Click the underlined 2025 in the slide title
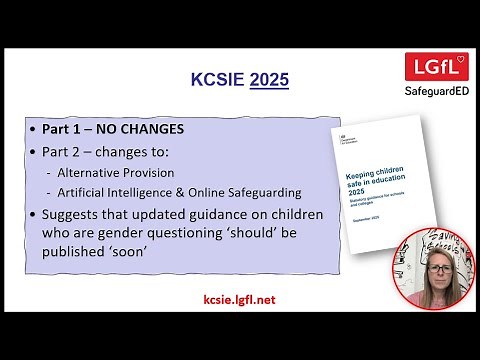click(268, 79)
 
